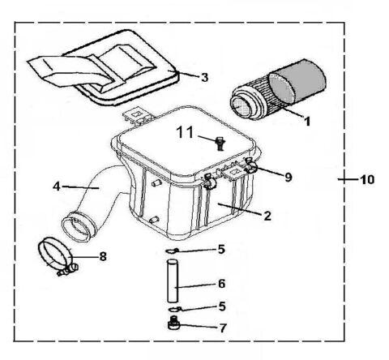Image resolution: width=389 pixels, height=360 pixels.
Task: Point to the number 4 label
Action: (x=57, y=186)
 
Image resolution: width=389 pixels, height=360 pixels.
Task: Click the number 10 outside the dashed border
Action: (x=369, y=180)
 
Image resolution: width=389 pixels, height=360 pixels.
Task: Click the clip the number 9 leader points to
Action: (x=252, y=168)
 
